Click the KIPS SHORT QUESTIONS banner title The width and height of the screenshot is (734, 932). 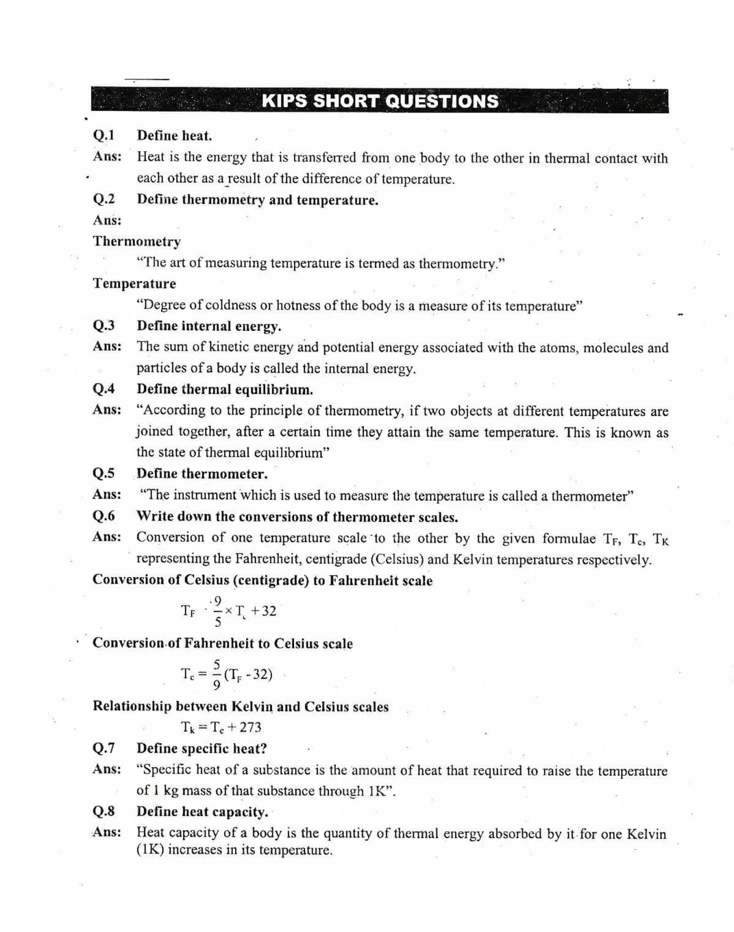click(x=380, y=101)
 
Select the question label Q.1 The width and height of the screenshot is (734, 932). click(x=104, y=136)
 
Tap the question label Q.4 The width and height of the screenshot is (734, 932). click(x=104, y=389)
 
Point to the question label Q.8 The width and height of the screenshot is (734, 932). click(x=104, y=811)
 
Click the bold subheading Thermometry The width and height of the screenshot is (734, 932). click(x=137, y=242)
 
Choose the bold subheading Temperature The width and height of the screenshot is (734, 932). click(x=134, y=284)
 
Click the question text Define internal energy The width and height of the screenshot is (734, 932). click(x=209, y=326)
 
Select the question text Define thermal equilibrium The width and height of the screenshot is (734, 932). click(x=225, y=389)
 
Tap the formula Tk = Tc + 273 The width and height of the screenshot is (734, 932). click(x=221, y=728)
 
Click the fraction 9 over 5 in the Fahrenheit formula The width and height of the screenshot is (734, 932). click(x=218, y=611)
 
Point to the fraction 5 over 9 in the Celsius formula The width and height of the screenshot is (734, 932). click(x=217, y=675)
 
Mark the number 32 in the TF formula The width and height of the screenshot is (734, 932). click(x=268, y=611)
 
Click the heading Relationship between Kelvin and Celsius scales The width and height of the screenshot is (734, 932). click(x=240, y=707)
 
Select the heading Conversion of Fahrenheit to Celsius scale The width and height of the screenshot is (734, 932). click(x=222, y=644)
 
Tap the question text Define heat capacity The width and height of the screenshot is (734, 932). click(x=203, y=811)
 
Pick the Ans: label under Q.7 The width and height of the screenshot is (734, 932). click(x=107, y=769)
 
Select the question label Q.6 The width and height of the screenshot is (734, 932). click(x=104, y=516)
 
